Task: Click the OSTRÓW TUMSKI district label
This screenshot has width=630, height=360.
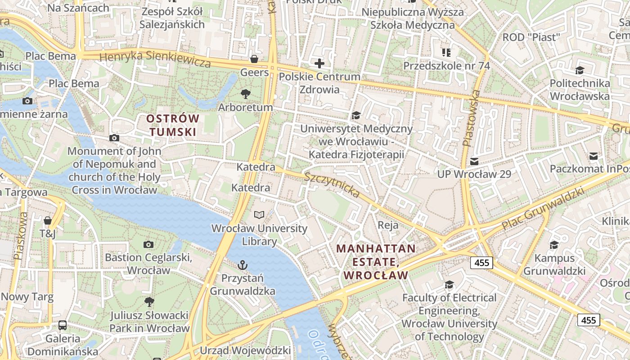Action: pyautogui.click(x=173, y=125)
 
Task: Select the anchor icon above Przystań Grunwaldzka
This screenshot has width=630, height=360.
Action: pyautogui.click(x=243, y=265)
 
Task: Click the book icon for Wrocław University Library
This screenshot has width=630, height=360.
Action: pyautogui.click(x=259, y=215)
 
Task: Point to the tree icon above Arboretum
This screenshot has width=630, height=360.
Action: pyautogui.click(x=246, y=94)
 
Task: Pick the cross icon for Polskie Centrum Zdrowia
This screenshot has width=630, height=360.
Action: pyautogui.click(x=319, y=63)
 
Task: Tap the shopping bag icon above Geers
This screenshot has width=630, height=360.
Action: pyautogui.click(x=254, y=59)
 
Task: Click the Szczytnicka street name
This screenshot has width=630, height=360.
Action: pyautogui.click(x=332, y=185)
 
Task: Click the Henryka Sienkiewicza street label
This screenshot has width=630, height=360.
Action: pyautogui.click(x=155, y=59)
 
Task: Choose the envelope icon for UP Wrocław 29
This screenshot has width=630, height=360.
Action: pyautogui.click(x=474, y=161)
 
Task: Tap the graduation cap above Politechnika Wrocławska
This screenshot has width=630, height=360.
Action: pyautogui.click(x=580, y=70)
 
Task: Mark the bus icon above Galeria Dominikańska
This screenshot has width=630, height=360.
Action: pyautogui.click(x=63, y=325)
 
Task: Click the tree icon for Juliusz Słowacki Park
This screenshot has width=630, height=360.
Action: pyautogui.click(x=149, y=301)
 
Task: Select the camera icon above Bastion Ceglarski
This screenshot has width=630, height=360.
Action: pyautogui.click(x=148, y=244)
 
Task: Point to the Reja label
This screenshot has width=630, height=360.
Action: pyautogui.click(x=388, y=225)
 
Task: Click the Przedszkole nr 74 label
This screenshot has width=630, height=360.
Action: pyautogui.click(x=446, y=66)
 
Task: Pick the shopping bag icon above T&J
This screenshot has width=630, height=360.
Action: pyautogui.click(x=47, y=220)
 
